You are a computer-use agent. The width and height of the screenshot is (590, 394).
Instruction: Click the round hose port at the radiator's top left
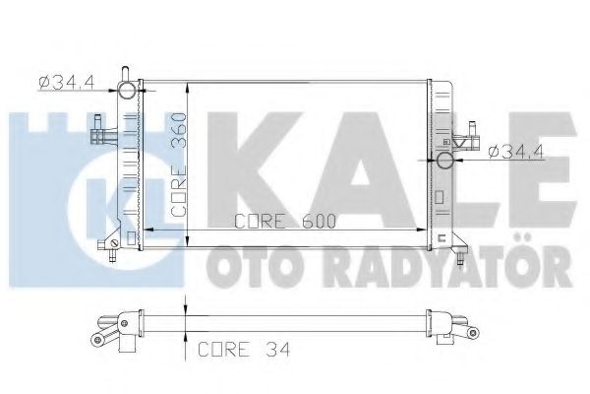point(126,92)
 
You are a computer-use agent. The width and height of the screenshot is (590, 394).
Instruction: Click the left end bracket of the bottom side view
point(106,330)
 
